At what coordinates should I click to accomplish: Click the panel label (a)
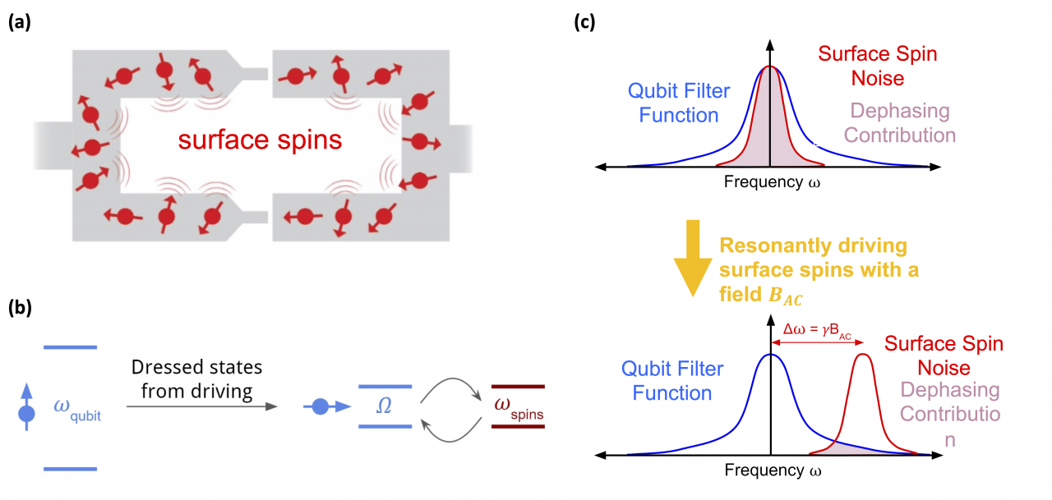click(x=21, y=24)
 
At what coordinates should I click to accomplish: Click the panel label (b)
click(x=21, y=310)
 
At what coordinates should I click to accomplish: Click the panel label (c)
click(x=586, y=24)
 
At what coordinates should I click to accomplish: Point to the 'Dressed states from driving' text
click(x=197, y=378)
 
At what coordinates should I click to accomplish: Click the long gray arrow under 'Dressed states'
click(x=201, y=406)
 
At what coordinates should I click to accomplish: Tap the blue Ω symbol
click(x=385, y=406)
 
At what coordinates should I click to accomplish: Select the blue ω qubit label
click(x=77, y=407)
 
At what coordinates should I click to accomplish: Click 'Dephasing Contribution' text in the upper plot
click(x=899, y=122)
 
